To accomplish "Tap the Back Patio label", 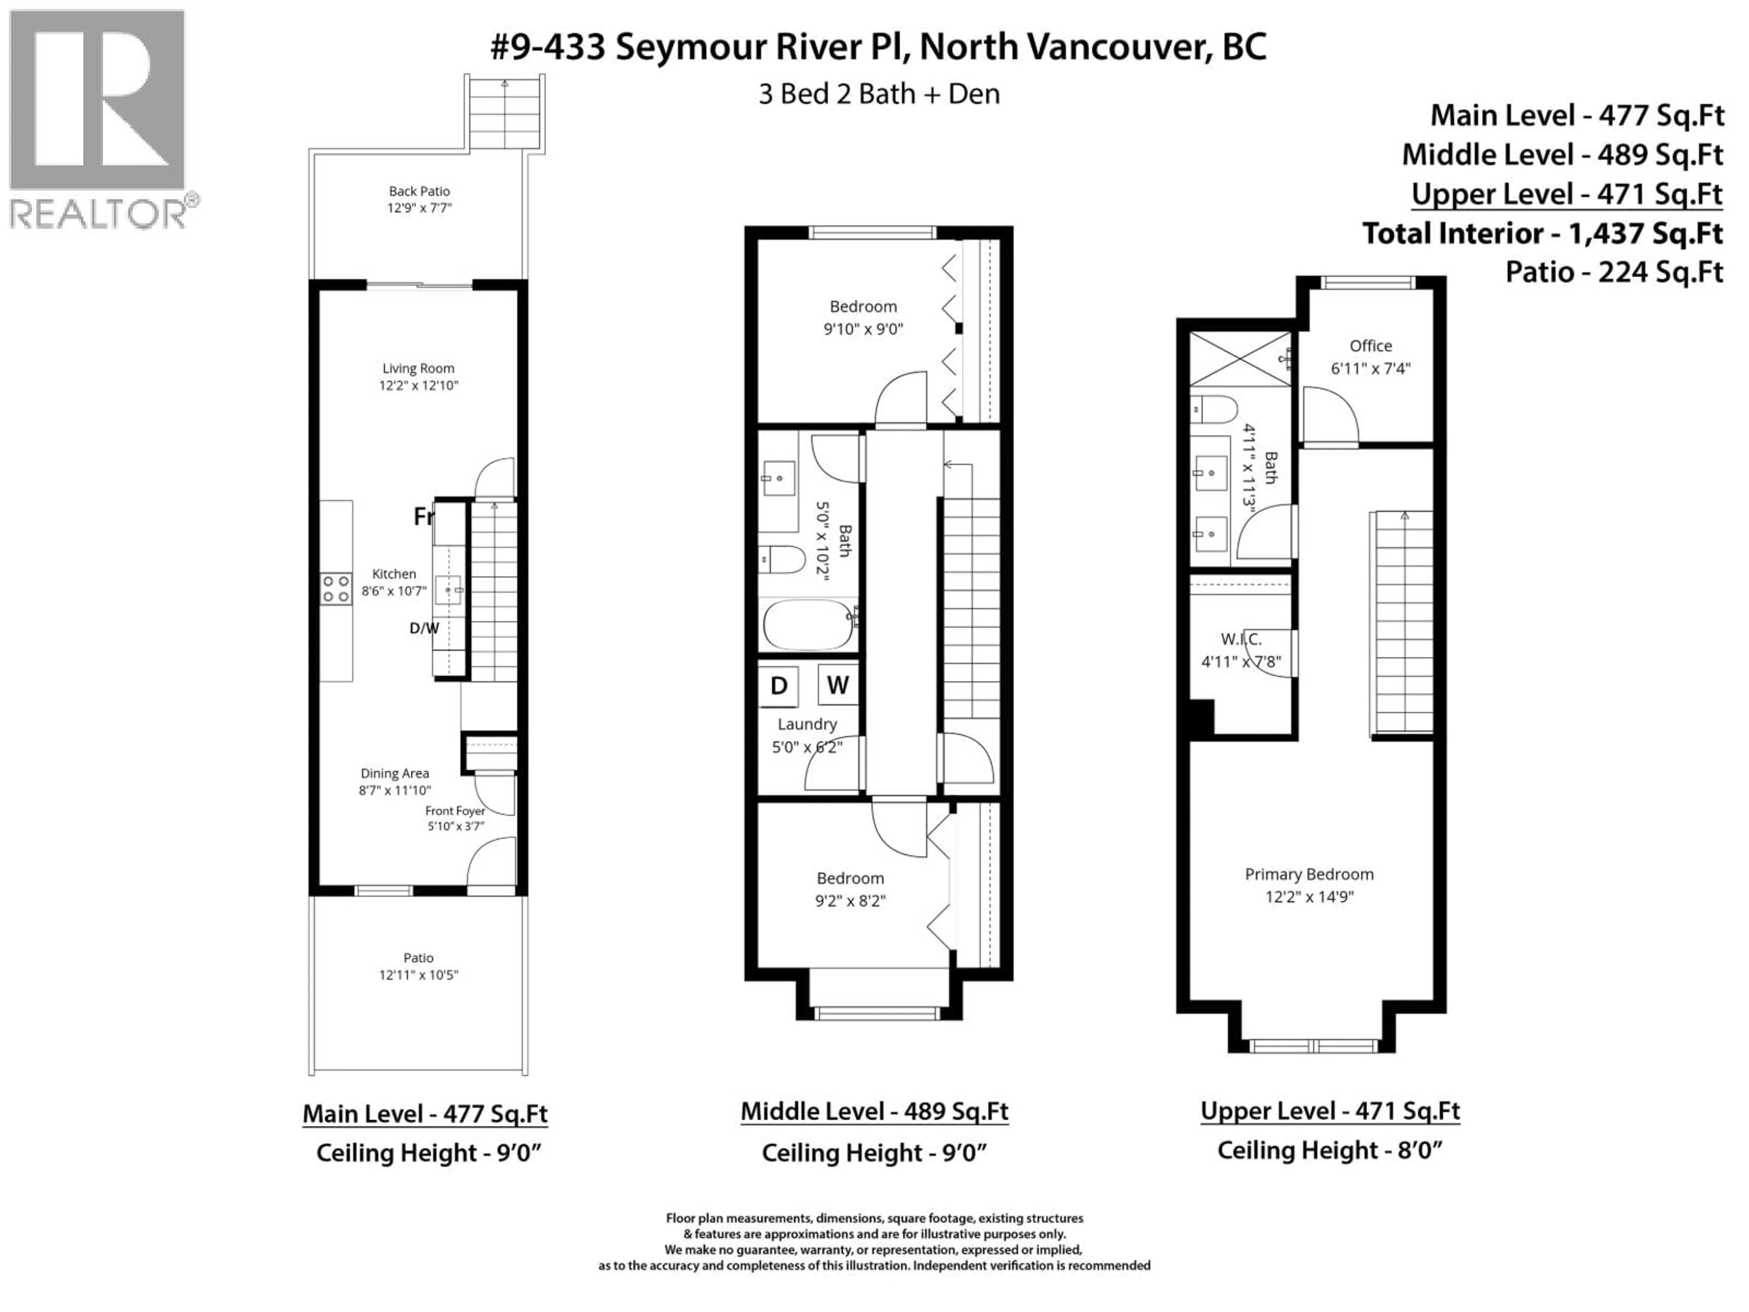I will click(419, 191).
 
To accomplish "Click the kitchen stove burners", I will click(335, 589).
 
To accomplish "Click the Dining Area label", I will click(394, 774).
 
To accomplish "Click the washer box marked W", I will click(837, 685).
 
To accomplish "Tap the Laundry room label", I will click(807, 724).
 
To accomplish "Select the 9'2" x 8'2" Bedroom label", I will click(850, 889).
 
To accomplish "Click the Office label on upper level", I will click(1370, 346).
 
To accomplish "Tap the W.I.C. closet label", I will click(1241, 640).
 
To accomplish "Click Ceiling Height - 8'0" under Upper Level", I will click(1329, 1151).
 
